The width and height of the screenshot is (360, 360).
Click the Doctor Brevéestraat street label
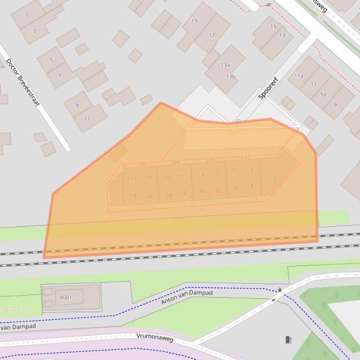click(x=22, y=82)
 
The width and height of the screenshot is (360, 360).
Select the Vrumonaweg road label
click(x=155, y=337)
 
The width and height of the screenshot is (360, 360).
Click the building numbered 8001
click(x=66, y=297)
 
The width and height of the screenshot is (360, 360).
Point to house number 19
click(x=194, y=21)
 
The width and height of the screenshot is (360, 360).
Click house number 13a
click(x=226, y=65)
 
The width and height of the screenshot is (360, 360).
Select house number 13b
click(x=230, y=76)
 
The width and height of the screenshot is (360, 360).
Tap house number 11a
click(x=299, y=76)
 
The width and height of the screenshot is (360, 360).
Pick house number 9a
click(x=323, y=94)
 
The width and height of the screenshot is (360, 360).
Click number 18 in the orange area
click(x=133, y=196)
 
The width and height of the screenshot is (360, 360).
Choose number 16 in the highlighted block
click(x=150, y=197)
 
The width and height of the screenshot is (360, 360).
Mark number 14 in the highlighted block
click(x=169, y=195)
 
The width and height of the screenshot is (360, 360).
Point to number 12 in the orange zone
click(x=183, y=192)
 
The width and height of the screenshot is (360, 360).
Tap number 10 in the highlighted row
click(x=202, y=191)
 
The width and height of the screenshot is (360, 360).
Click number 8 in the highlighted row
click(x=218, y=191)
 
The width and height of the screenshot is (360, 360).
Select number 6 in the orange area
click(x=236, y=188)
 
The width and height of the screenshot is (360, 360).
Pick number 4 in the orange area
click(x=252, y=186)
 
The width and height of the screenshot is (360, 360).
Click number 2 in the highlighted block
click(x=275, y=180)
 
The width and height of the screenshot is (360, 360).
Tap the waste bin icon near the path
click(x=280, y=290)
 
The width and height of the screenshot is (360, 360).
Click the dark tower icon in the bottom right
click(x=288, y=339)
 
